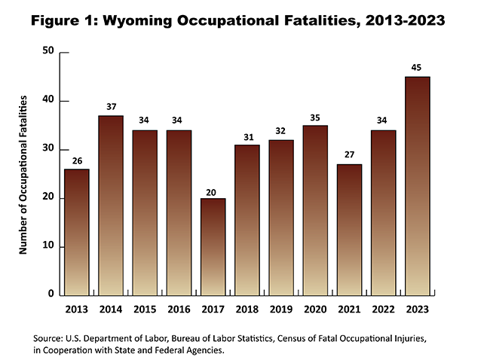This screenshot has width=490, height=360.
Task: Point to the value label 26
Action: tap(76, 160)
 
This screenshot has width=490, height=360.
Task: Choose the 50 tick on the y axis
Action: tap(49, 52)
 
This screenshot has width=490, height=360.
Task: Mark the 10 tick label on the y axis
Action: tap(49, 246)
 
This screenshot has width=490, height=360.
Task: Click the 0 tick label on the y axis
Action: tap(52, 294)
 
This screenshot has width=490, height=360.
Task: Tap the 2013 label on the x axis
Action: tap(76, 307)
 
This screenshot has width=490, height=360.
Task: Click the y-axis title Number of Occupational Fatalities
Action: tap(23, 173)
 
